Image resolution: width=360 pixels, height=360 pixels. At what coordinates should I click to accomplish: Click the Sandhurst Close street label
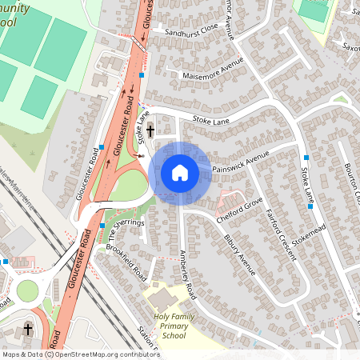tap(190, 31)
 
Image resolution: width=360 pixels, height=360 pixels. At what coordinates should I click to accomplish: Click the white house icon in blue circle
tap(180, 172)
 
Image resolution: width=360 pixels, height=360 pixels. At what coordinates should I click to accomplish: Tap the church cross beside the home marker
tap(150, 130)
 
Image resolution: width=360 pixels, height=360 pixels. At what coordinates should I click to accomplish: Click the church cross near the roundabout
tap(29, 329)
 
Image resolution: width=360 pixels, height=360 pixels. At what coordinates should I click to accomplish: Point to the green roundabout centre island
tap(28, 290)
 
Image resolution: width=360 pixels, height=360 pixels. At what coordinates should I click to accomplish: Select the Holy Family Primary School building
tap(165, 300)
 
